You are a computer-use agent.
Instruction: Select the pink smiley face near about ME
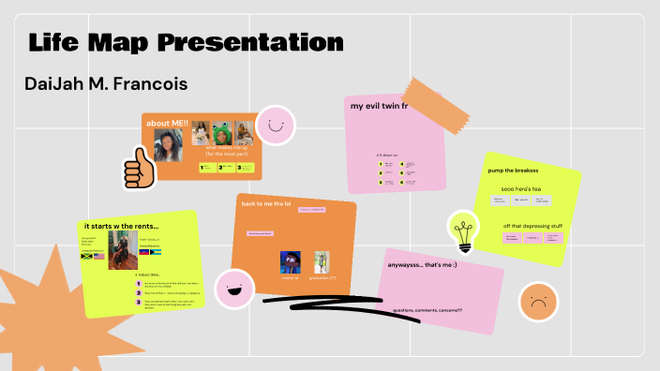[x=276, y=125]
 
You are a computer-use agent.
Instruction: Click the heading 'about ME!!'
[x=169, y=124]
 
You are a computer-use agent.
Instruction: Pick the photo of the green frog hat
[x=223, y=132]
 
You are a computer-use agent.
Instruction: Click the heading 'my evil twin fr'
[x=380, y=107]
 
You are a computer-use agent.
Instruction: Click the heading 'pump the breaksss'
[x=513, y=171]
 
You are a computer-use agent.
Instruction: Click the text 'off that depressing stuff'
[x=533, y=226]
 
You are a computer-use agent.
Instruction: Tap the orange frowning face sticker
[x=537, y=302]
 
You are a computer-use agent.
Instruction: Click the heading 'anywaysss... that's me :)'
[x=422, y=265]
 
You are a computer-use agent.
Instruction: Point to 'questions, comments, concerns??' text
[x=427, y=310]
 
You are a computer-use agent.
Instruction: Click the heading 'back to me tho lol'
[x=268, y=203]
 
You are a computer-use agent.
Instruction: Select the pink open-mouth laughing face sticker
[x=234, y=289]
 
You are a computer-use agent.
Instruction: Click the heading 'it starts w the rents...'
[x=122, y=225]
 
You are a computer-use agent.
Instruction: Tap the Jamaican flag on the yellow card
[x=87, y=256]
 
